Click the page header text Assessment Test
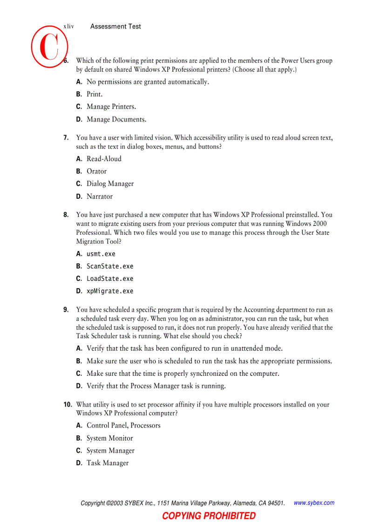(115, 27)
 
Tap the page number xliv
(68, 27)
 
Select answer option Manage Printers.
(111, 107)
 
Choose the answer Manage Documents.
(116, 119)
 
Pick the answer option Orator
(96, 171)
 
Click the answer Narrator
(100, 197)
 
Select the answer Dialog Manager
(110, 184)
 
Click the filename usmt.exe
(101, 254)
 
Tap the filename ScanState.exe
(110, 266)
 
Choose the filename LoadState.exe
(110, 279)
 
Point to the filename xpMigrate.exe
(110, 291)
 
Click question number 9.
(66, 310)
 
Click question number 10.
(68, 405)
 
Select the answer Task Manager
(108, 463)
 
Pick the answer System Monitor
(110, 438)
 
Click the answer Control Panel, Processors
(123, 425)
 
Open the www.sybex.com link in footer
(314, 503)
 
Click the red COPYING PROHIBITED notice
(209, 516)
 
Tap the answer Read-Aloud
(104, 159)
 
